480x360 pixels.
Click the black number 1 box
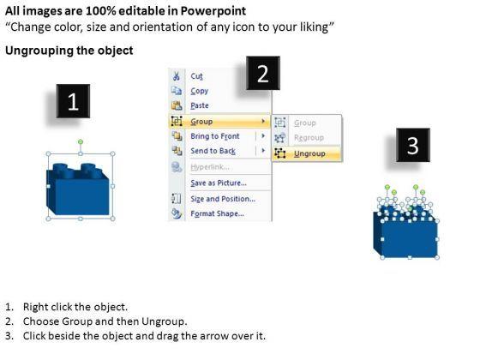(73, 101)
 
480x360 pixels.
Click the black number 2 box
(263, 73)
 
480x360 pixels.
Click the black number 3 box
(413, 145)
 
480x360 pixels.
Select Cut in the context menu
(196, 76)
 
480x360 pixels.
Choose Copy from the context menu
(199, 91)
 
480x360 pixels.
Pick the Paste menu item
(200, 105)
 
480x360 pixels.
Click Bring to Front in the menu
(215, 136)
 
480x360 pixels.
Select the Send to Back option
(213, 151)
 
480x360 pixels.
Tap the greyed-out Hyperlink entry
(210, 167)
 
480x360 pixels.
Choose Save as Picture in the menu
(219, 183)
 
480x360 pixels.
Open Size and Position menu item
(223, 199)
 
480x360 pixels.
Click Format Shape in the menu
(218, 213)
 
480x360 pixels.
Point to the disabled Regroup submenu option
(309, 138)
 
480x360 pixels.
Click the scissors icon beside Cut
(177, 76)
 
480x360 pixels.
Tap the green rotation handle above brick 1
(81, 141)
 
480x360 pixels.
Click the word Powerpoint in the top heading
(213, 11)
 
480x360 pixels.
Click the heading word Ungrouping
(39, 51)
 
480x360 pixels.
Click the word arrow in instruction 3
(214, 336)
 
